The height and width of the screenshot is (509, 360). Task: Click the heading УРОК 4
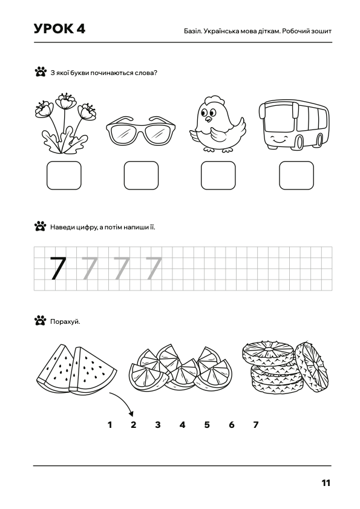pyautogui.click(x=59, y=29)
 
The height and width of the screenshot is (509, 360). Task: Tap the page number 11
pyautogui.click(x=326, y=483)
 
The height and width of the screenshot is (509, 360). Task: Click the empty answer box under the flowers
pyautogui.click(x=64, y=176)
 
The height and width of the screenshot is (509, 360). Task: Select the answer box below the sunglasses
pyautogui.click(x=141, y=176)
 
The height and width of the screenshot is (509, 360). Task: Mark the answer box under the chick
pyautogui.click(x=218, y=176)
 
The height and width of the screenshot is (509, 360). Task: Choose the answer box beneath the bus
pyautogui.click(x=296, y=176)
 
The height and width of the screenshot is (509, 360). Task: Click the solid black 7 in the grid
pyautogui.click(x=58, y=269)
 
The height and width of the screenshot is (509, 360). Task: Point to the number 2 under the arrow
pyautogui.click(x=134, y=425)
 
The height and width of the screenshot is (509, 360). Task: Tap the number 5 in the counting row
pyautogui.click(x=207, y=425)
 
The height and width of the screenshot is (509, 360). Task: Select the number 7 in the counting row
pyautogui.click(x=256, y=425)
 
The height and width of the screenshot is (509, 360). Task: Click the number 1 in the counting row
pyautogui.click(x=110, y=425)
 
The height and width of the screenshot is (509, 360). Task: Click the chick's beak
pyautogui.click(x=208, y=119)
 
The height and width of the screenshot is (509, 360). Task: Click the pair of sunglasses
pyautogui.click(x=141, y=131)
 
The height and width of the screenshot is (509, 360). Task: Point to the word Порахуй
pyautogui.click(x=65, y=322)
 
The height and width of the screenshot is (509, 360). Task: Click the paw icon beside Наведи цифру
pyautogui.click(x=41, y=226)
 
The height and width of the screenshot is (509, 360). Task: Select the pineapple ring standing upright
pyautogui.click(x=312, y=366)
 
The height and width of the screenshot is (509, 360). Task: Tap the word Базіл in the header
pyautogui.click(x=192, y=31)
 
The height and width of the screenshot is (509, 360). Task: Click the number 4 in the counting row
pyautogui.click(x=183, y=425)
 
